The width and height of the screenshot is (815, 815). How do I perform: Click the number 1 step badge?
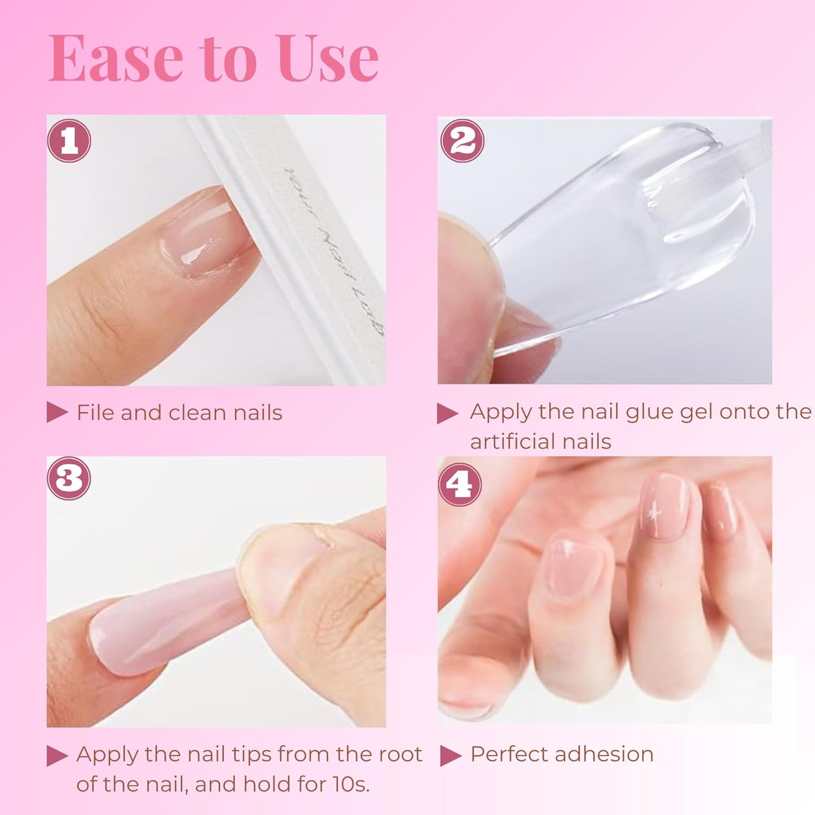tap(69, 140)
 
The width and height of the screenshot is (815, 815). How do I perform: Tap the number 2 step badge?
tap(462, 140)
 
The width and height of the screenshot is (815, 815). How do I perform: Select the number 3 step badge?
tap(69, 478)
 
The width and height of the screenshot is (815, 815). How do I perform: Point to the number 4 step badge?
tap(460, 484)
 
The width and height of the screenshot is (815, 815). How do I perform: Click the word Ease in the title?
tap(116, 59)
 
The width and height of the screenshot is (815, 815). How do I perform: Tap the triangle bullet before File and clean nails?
tap(56, 412)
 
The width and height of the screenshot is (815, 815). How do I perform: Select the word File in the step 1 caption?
tap(95, 412)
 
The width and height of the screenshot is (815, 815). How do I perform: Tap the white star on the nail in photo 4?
tap(655, 513)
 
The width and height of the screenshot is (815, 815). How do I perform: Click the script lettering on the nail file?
tap(333, 248)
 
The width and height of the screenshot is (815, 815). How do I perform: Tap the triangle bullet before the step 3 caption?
tap(56, 755)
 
